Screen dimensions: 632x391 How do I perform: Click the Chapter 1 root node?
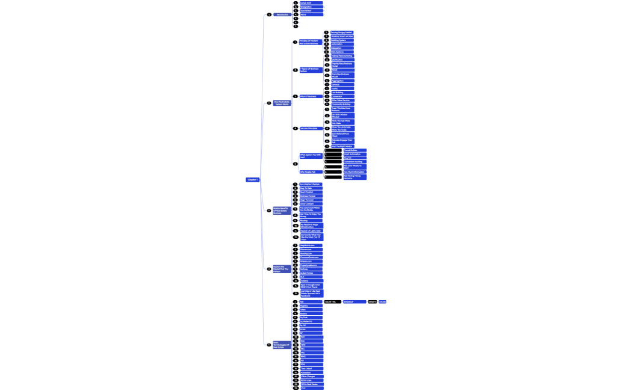(x=252, y=180)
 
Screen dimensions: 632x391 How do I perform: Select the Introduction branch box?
(x=282, y=14)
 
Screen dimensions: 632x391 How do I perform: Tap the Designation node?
(x=311, y=7)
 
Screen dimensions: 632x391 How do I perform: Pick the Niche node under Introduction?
(x=311, y=14)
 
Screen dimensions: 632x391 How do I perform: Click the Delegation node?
(x=341, y=48)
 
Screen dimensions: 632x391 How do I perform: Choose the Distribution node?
(x=342, y=60)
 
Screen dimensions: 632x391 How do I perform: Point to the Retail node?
(x=342, y=70)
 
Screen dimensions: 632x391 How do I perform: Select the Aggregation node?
(x=342, y=81)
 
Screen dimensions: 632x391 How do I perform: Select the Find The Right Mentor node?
(x=342, y=146)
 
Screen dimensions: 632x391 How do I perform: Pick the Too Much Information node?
(x=355, y=172)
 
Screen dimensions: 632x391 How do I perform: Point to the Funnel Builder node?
(x=355, y=150)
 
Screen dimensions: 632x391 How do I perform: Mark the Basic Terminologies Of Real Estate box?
(x=282, y=345)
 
